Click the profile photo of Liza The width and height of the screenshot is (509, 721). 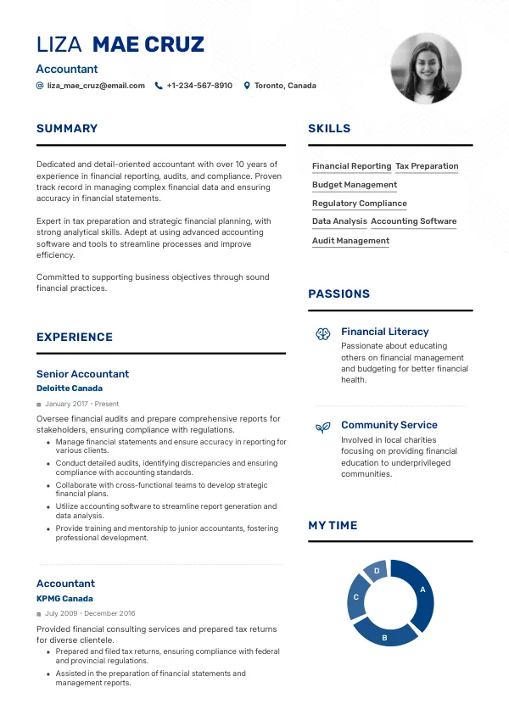click(426, 69)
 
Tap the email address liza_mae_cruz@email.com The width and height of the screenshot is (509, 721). click(96, 86)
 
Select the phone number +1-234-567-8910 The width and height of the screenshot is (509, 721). click(199, 86)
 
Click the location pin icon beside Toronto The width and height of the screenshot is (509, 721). click(247, 86)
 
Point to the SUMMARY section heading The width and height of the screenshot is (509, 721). click(67, 129)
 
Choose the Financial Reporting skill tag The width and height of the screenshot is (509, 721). click(351, 166)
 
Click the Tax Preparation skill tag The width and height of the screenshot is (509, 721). click(427, 166)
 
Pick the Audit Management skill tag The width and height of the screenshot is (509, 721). click(350, 241)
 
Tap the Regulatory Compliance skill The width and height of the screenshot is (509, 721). click(359, 204)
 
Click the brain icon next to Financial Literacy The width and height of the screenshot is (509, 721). click(322, 334)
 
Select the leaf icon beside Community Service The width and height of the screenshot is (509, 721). click(322, 428)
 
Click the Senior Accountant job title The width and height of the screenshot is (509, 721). click(82, 374)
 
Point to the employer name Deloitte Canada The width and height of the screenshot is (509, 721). click(70, 388)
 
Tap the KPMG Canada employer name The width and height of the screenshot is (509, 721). click(64, 599)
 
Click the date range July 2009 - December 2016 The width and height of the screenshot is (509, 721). click(90, 613)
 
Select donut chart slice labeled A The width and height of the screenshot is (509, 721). click(422, 590)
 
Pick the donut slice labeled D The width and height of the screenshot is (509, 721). click(376, 572)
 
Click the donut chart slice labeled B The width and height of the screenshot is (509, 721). click(384, 635)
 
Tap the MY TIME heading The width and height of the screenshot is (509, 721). click(333, 526)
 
